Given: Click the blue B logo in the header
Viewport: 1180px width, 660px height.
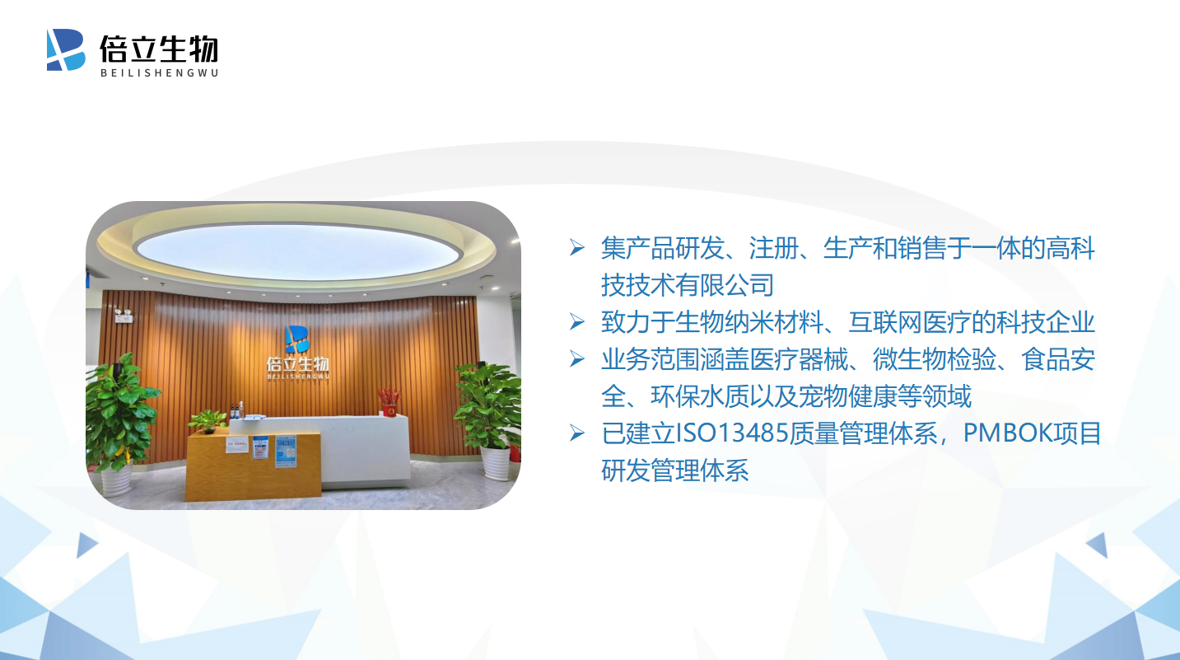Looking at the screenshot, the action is [x=66, y=49].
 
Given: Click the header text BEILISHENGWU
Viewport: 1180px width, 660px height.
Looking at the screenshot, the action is [x=159, y=73].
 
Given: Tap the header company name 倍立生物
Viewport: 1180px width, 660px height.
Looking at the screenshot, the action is [x=159, y=49].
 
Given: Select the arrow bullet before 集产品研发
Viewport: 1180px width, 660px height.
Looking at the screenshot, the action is [x=577, y=247].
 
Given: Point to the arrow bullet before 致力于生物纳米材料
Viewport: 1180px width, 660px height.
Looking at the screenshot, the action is [x=577, y=321].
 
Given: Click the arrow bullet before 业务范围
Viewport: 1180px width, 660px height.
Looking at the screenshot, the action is [x=577, y=358].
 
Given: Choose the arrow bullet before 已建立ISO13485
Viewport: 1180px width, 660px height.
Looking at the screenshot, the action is [x=577, y=433].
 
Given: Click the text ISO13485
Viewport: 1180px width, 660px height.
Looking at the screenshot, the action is [x=732, y=433].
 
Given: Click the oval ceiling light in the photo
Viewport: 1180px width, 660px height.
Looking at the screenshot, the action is [x=299, y=251].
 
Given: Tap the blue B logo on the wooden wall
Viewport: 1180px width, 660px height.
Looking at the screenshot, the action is [x=297, y=339].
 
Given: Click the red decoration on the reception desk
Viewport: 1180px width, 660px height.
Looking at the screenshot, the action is [x=389, y=402].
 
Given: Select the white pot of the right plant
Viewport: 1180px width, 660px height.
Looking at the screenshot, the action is [x=495, y=462].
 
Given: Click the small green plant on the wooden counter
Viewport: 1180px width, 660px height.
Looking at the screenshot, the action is [x=208, y=421].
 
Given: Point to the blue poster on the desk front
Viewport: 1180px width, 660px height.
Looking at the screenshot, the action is [x=286, y=452].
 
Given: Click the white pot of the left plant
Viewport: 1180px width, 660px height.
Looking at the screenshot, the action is [x=116, y=480].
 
